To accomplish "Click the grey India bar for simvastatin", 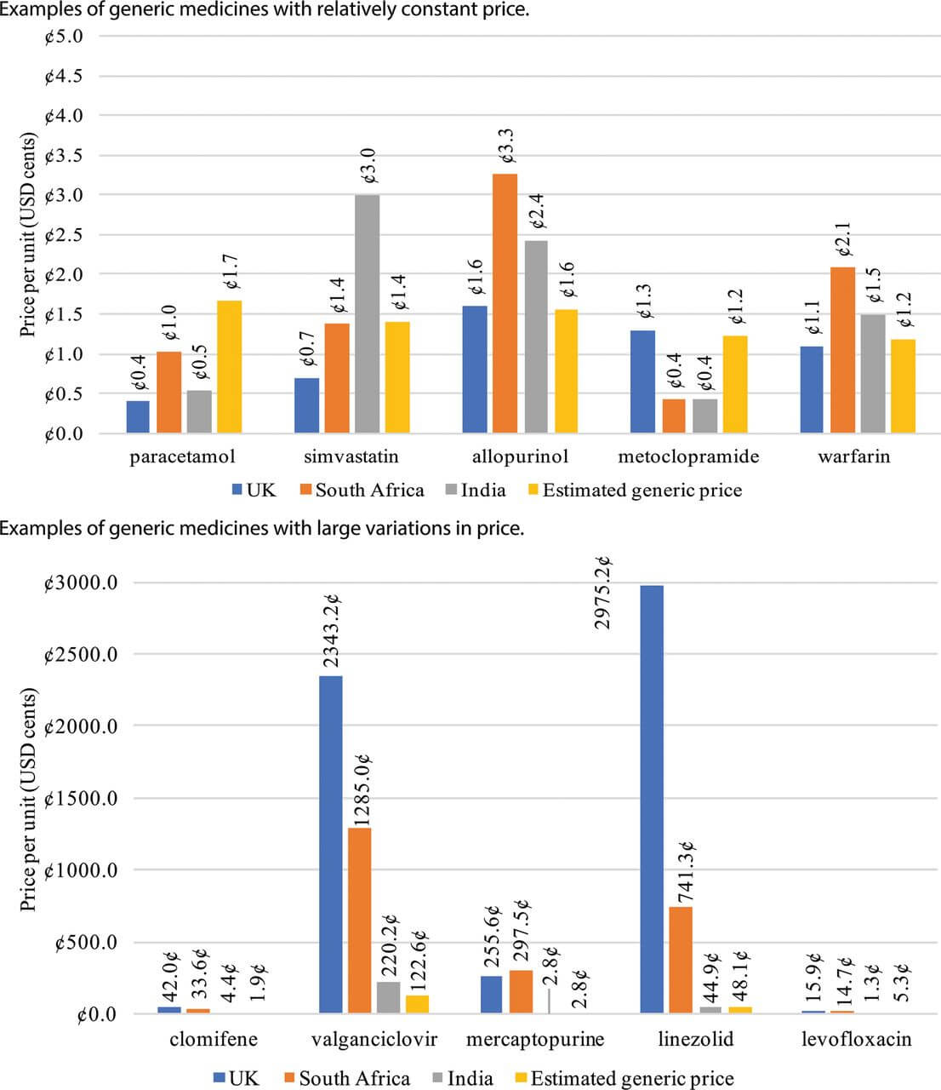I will click(x=368, y=315).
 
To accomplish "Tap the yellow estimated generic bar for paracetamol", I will click(x=230, y=367).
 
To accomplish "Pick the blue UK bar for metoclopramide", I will click(x=643, y=382).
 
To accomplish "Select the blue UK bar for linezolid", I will click(x=652, y=800).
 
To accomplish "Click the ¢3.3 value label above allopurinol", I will click(x=505, y=149).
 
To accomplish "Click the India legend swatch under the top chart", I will click(x=451, y=490).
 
